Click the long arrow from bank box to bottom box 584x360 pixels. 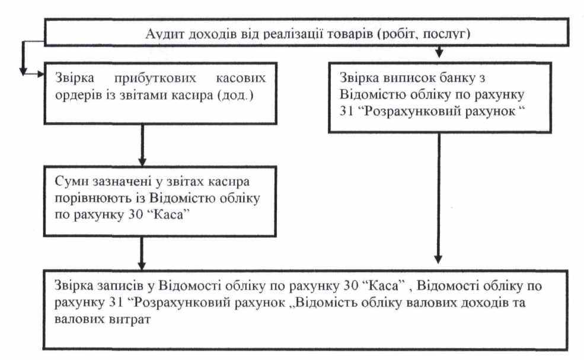click(x=438, y=196)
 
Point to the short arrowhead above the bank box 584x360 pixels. click(x=438, y=54)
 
